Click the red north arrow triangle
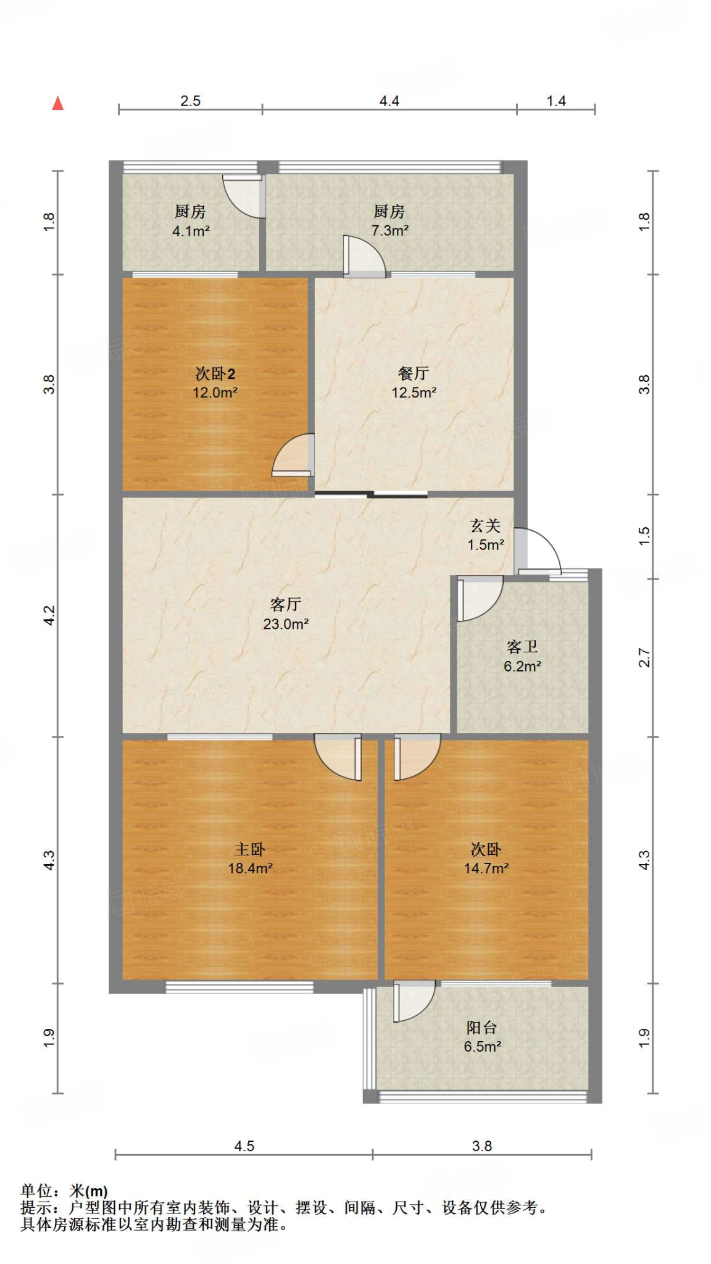[58, 103]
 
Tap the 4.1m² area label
[191, 231]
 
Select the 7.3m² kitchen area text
[389, 231]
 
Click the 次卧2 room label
[215, 373]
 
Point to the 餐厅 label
[414, 373]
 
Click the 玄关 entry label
[485, 525]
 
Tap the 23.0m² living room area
[285, 624]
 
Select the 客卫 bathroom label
[522, 646]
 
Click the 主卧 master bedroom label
[250, 849]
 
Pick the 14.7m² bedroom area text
[486, 868]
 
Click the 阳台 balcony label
[481, 1028]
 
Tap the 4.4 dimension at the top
[389, 101]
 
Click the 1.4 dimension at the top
[555, 101]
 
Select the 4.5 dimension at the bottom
[244, 1146]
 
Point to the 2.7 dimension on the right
[644, 657]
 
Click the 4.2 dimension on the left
[49, 615]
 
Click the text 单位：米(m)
[64, 1191]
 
